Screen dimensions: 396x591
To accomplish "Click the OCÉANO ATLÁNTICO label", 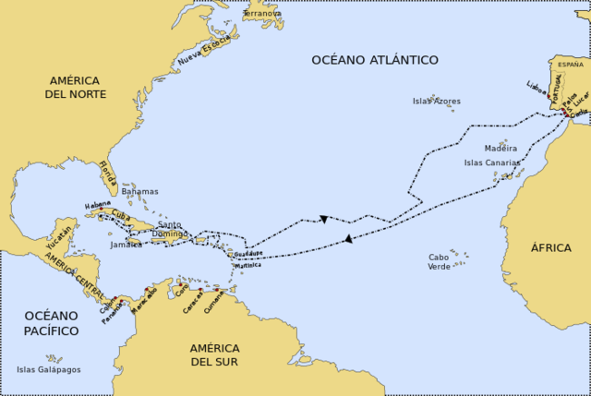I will click(374, 60).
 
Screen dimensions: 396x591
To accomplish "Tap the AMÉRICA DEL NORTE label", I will click(78, 87).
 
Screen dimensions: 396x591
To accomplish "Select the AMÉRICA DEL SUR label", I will click(214, 354).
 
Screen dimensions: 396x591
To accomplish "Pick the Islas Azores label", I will click(437, 102).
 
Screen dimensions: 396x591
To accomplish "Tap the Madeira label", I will click(501, 149).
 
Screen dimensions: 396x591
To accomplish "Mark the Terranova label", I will click(262, 14).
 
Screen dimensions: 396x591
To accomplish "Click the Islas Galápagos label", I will click(49, 369).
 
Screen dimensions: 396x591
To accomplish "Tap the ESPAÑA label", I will click(571, 65).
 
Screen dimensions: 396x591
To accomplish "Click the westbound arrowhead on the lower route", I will click(347, 239).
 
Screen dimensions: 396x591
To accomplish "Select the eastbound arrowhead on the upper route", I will click(324, 219).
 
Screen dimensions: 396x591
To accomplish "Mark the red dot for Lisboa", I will click(549, 93).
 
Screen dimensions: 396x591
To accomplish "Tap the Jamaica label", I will click(126, 245).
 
